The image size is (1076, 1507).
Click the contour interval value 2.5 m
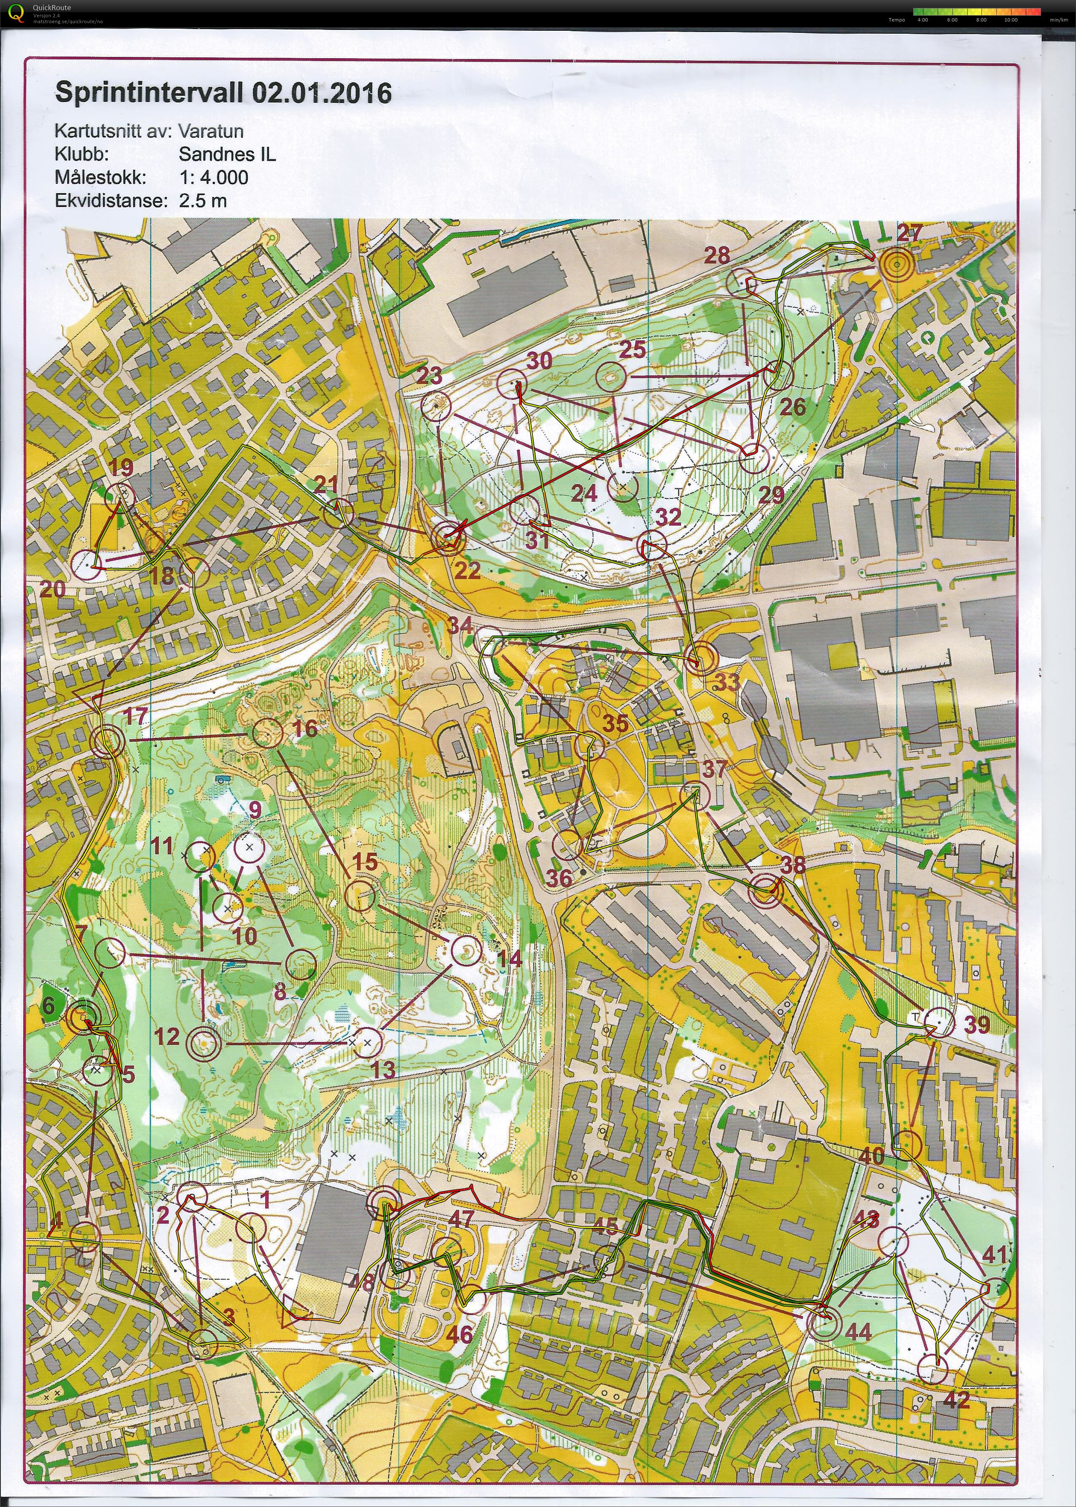click(203, 201)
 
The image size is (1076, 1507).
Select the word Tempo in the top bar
click(896, 20)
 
